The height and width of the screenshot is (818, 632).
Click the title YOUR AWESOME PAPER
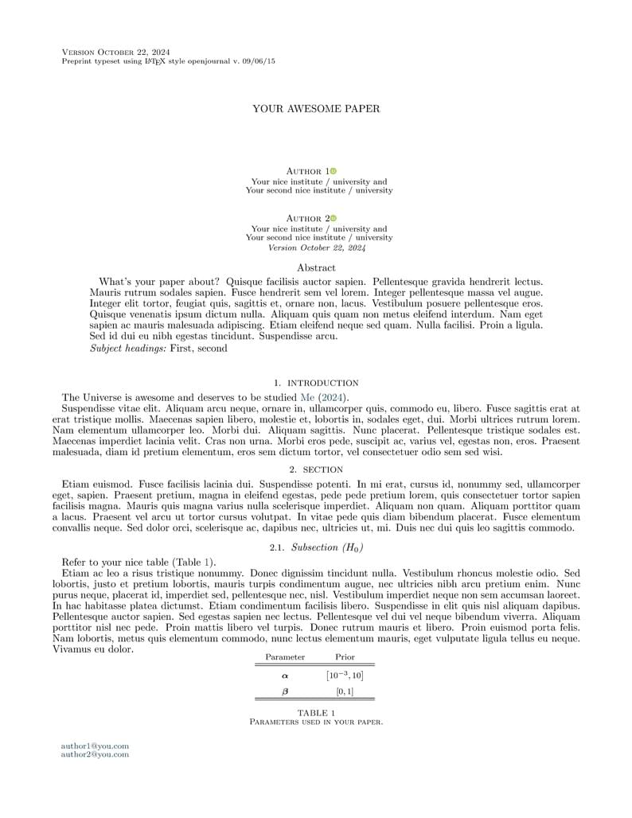tap(316, 108)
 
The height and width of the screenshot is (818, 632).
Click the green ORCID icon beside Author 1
tap(334, 171)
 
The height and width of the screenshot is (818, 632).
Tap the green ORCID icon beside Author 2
tap(334, 218)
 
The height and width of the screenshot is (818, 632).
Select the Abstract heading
tap(316, 268)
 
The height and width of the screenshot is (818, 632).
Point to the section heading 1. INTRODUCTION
tap(316, 383)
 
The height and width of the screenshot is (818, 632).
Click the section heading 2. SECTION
tap(316, 469)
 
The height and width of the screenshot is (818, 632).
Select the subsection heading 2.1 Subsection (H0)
tap(316, 547)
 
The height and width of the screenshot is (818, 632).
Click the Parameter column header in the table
tap(285, 657)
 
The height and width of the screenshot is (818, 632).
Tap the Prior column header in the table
tap(345, 657)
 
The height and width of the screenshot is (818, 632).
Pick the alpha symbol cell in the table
tap(286, 676)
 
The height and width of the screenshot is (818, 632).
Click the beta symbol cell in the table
tap(286, 691)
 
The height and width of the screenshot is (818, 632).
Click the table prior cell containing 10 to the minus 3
tap(345, 676)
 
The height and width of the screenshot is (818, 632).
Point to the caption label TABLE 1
tap(316, 713)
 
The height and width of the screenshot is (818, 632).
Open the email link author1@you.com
tap(95, 746)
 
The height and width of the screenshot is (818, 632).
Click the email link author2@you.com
tap(95, 754)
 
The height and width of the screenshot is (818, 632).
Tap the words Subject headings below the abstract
tap(128, 348)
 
